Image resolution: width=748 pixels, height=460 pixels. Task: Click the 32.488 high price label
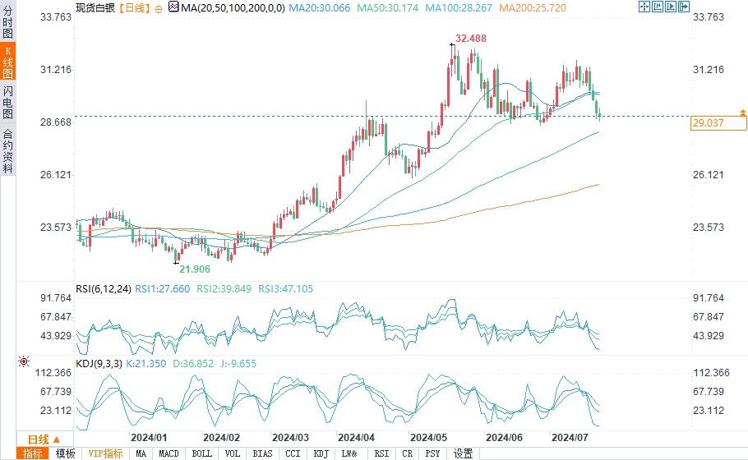[x=472, y=39]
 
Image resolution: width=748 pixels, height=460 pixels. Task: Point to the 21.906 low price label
[x=195, y=269]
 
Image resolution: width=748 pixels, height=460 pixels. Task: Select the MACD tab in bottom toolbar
[x=169, y=453]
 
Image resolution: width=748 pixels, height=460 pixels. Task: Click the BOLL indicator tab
[x=201, y=453]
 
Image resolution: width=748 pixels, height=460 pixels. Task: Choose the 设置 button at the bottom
[x=463, y=453]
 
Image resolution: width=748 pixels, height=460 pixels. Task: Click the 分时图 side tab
[x=7, y=20]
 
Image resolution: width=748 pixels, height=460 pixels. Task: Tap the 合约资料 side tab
[x=7, y=151]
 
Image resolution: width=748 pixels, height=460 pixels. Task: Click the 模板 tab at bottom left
[x=65, y=453]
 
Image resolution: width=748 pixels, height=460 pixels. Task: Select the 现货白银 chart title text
[x=94, y=7]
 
